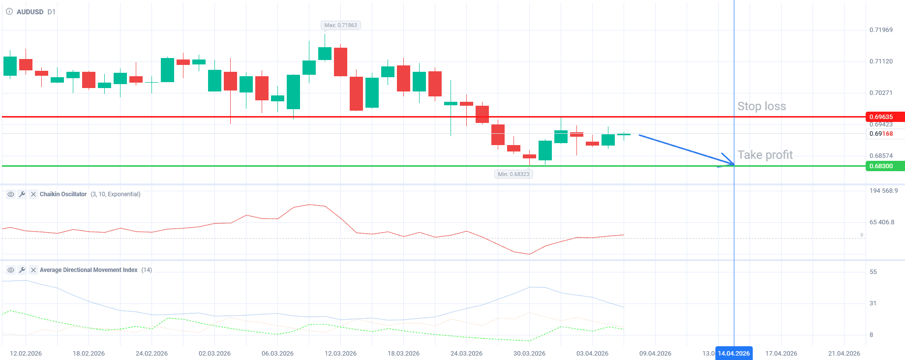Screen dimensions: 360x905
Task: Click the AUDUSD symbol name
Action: (30, 12)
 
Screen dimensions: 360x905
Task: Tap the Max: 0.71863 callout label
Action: (340, 25)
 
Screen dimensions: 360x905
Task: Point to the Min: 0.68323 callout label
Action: (513, 174)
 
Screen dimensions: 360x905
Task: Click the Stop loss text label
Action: (761, 106)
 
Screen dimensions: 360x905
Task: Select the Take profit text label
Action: (765, 155)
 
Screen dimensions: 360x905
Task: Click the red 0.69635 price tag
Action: (883, 117)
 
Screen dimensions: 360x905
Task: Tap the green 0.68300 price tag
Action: (883, 166)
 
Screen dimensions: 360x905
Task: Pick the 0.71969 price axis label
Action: (881, 30)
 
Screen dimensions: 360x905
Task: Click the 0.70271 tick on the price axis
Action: (881, 93)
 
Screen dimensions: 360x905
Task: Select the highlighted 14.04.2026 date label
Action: (733, 354)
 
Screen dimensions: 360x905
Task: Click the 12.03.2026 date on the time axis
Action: (340, 354)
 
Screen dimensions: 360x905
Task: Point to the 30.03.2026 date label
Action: (529, 354)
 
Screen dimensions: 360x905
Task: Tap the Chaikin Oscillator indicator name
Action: (63, 194)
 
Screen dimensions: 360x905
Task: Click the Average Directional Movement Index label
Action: (89, 270)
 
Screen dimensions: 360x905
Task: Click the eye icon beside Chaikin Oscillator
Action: (11, 194)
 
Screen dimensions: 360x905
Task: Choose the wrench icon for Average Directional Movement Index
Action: (22, 270)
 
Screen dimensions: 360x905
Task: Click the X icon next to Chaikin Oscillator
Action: (33, 194)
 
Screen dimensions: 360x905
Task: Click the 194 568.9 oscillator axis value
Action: (883, 191)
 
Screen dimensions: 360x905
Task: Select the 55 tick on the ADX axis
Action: (873, 272)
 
